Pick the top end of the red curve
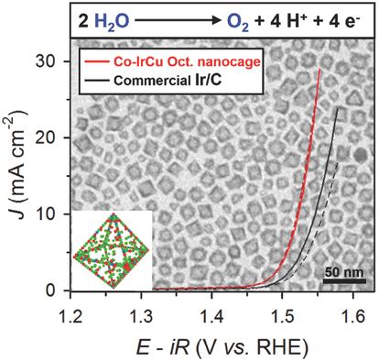(319, 69)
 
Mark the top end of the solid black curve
(338, 108)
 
